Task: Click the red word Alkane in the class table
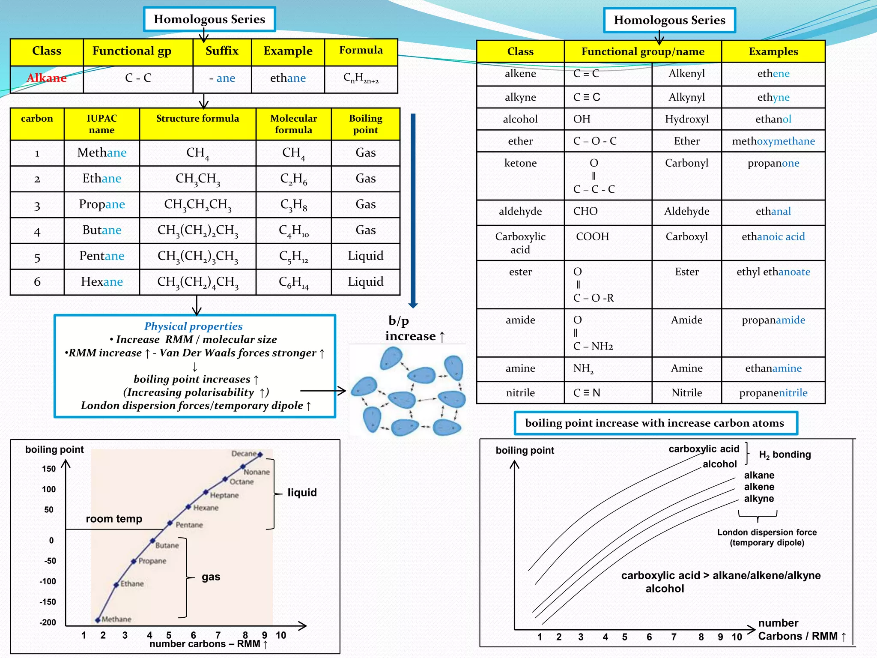pos(47,78)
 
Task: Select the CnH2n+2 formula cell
pos(361,78)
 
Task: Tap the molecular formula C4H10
pos(294,230)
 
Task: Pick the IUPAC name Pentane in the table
pos(102,256)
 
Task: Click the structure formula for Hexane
pos(198,282)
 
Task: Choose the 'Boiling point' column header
pos(365,124)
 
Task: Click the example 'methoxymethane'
pos(773,141)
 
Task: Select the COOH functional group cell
pos(592,236)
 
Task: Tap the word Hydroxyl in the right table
pos(686,119)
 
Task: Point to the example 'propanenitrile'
pos(773,393)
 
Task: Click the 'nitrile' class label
pos(520,393)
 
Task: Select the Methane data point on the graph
pos(98,619)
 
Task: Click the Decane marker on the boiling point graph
pos(260,455)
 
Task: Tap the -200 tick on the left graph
pos(48,622)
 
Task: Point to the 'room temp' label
pos(114,519)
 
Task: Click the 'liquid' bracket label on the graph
pos(302,493)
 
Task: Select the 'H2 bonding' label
pos(785,455)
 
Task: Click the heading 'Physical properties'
pos(193,326)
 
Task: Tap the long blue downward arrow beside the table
pos(413,210)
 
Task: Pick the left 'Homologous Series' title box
pos(209,19)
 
